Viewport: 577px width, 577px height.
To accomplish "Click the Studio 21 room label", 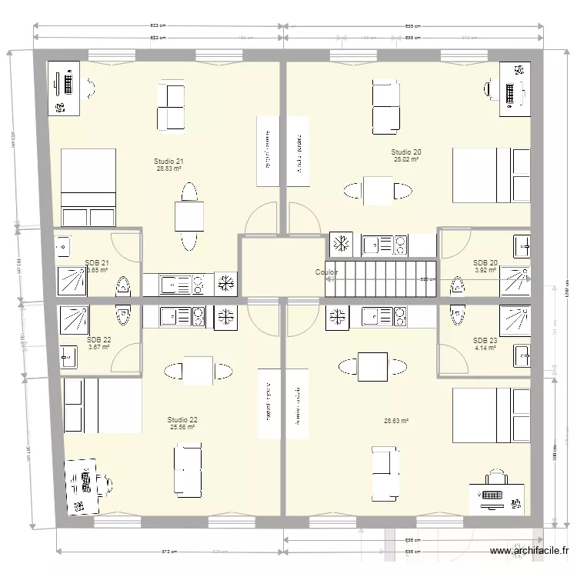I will click(x=168, y=161).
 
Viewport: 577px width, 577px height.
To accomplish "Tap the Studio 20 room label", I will click(x=405, y=152).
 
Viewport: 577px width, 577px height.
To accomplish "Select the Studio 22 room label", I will click(x=182, y=419).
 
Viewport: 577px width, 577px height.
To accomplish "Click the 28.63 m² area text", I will click(x=395, y=421).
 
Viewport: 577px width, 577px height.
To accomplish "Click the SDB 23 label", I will click(x=485, y=340).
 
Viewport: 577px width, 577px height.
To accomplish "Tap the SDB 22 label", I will click(x=98, y=339).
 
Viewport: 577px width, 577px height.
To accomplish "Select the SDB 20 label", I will click(x=485, y=262).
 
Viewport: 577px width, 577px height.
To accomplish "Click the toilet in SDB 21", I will click(x=122, y=287).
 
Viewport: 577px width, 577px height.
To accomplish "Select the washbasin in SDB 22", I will click(x=69, y=356).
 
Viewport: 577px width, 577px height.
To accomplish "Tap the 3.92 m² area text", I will click(x=485, y=271).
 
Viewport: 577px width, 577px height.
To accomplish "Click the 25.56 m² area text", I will click(x=183, y=428).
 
